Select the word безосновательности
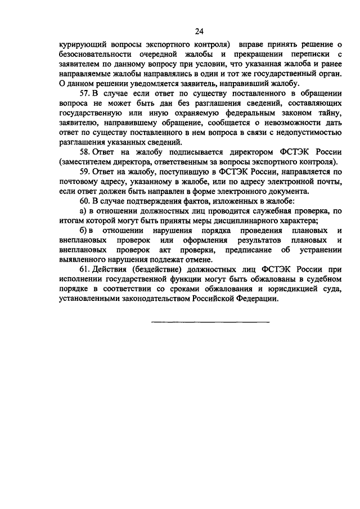92,55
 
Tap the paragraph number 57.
85,93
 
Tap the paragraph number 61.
85,269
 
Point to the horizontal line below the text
210,322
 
